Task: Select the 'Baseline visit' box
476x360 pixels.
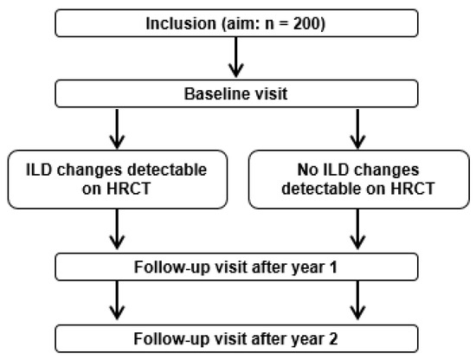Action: [235, 94]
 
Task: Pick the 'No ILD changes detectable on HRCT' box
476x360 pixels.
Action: [355, 177]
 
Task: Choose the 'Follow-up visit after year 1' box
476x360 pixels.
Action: [235, 266]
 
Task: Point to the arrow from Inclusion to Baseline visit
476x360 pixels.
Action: [235, 57]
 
